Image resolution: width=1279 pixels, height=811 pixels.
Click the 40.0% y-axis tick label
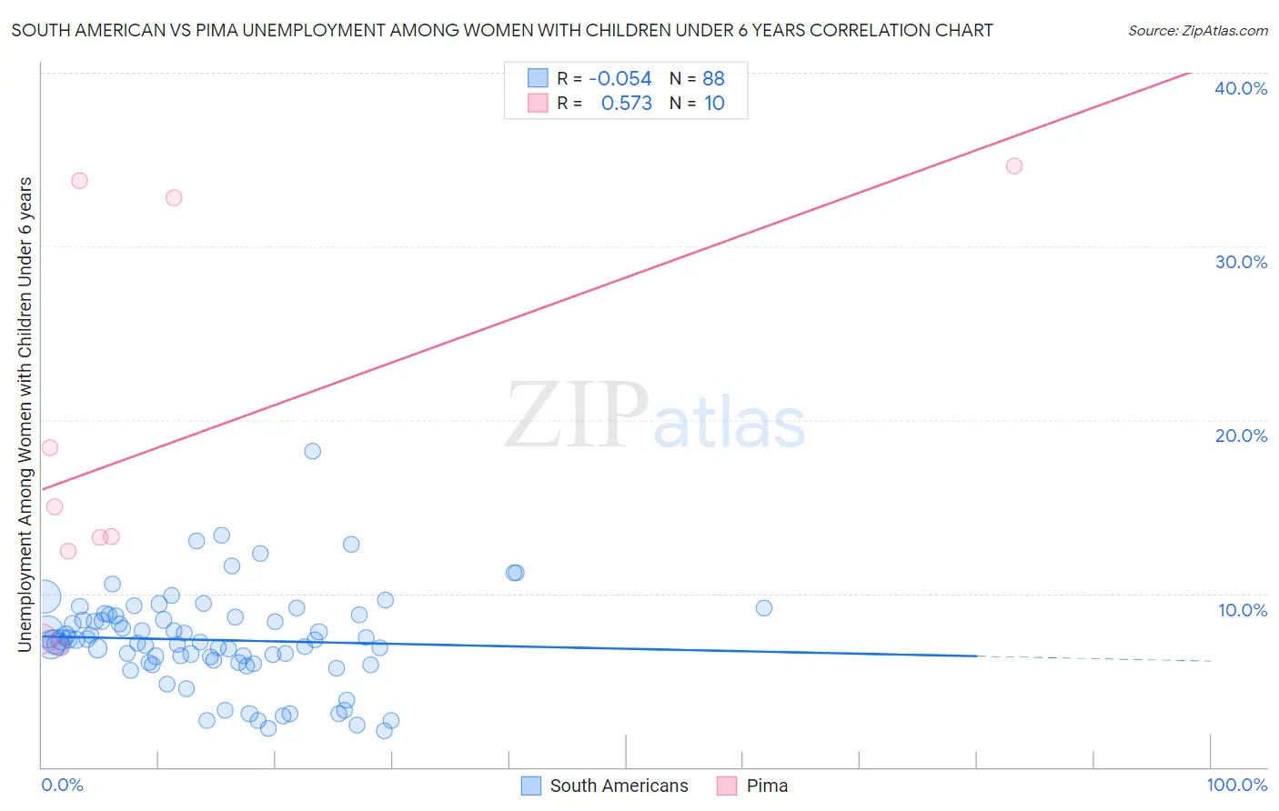[1241, 88]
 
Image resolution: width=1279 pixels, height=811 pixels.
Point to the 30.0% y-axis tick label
[1241, 262]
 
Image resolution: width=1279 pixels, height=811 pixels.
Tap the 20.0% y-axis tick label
[1241, 436]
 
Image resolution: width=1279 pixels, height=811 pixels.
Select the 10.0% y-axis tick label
[1243, 610]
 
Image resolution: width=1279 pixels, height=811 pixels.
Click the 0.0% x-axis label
[62, 785]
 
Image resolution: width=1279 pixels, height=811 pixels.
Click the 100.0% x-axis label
[1236, 785]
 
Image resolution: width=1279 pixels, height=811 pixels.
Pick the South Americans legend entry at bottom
[619, 786]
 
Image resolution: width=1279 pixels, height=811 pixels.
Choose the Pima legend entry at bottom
[767, 786]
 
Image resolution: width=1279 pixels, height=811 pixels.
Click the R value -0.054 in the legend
[619, 79]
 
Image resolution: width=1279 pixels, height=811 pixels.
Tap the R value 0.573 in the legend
[626, 104]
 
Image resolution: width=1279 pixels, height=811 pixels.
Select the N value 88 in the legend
[713, 79]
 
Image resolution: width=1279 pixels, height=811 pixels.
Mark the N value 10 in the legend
[714, 104]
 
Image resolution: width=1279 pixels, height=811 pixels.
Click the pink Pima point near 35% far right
[1014, 165]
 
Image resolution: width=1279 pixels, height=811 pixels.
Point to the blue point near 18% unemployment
[312, 451]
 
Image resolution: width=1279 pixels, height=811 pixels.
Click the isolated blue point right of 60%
[764, 608]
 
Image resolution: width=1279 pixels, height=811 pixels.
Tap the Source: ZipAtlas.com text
[1197, 31]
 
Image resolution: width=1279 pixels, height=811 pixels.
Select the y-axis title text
[25, 414]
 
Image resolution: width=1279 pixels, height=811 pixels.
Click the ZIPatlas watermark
[655, 416]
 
